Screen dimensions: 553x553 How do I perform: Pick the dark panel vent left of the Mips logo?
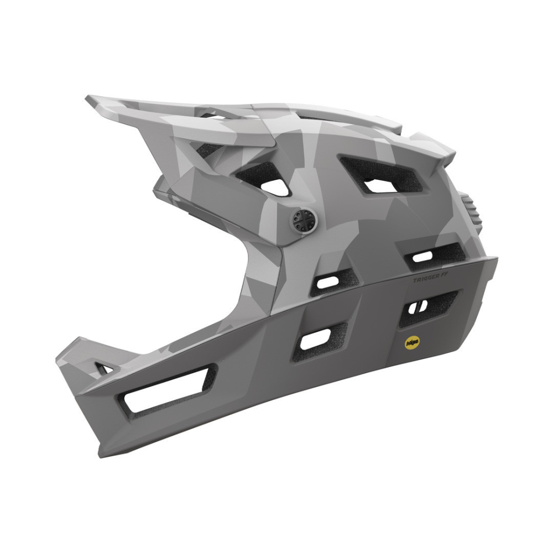click(315, 339)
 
